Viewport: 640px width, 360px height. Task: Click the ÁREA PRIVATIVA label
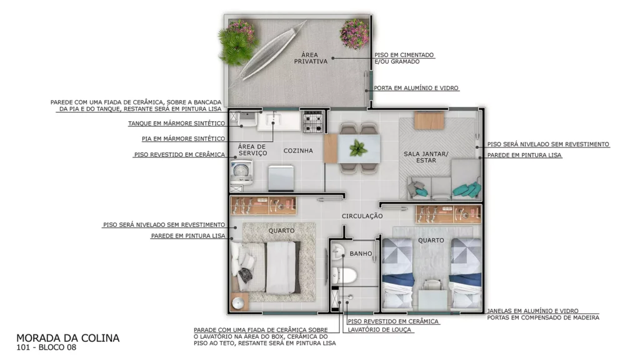(x=311, y=58)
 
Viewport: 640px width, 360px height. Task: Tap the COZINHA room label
(x=298, y=151)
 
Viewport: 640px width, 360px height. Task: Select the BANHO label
(x=361, y=254)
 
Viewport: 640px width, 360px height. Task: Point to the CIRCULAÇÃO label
(x=362, y=216)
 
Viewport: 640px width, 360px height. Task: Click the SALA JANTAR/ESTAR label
(x=426, y=157)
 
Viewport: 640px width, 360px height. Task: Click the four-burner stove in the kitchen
(x=313, y=121)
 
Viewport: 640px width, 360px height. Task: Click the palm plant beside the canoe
(x=235, y=47)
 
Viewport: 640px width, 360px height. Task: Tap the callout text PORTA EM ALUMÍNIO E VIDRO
(x=416, y=87)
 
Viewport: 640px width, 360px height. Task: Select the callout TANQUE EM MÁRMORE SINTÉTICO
(x=177, y=123)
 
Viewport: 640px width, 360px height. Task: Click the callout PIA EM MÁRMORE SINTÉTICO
(x=183, y=139)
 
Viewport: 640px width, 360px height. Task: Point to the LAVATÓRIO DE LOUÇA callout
(x=379, y=330)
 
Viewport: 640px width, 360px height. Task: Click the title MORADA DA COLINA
(x=67, y=338)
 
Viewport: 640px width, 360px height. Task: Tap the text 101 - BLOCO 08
(x=46, y=347)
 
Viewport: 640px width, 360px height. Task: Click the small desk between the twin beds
(x=432, y=294)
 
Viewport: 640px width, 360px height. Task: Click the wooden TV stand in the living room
(x=429, y=121)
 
